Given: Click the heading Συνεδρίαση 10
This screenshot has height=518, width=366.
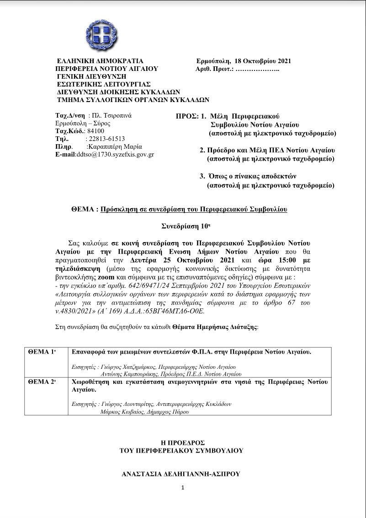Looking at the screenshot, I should point(182,226).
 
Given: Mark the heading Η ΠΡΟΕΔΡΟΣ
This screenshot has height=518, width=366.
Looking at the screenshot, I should point(182,442).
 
